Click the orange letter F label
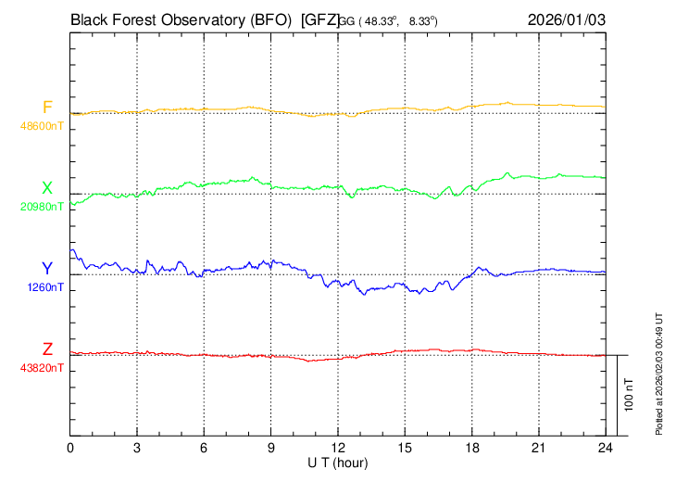point(47,108)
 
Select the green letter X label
point(47,188)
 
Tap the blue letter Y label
point(47,268)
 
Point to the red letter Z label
point(47,349)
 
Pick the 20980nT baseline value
point(43,207)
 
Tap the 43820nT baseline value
point(43,368)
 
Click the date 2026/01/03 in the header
point(566,19)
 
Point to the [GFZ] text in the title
point(319,19)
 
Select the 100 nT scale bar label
point(630,395)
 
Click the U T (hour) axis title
point(338,463)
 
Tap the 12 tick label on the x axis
point(338,448)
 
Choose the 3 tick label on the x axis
point(137,448)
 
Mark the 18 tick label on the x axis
point(471,448)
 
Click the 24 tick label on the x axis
point(605,448)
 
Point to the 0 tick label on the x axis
point(71,448)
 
